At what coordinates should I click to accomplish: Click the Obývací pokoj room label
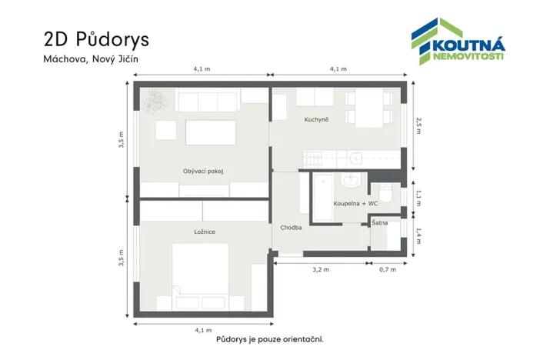[x=203, y=171]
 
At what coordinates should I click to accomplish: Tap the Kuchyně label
[x=316, y=119]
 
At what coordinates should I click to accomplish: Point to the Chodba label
[x=291, y=228]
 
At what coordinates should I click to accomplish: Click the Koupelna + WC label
[x=355, y=203]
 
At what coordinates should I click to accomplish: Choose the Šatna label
[x=379, y=222]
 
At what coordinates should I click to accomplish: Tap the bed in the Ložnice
[x=199, y=275]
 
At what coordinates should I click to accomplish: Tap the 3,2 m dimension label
[x=321, y=269]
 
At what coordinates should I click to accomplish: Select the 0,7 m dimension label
[x=387, y=269]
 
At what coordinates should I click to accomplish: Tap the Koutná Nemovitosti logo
[x=457, y=43]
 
